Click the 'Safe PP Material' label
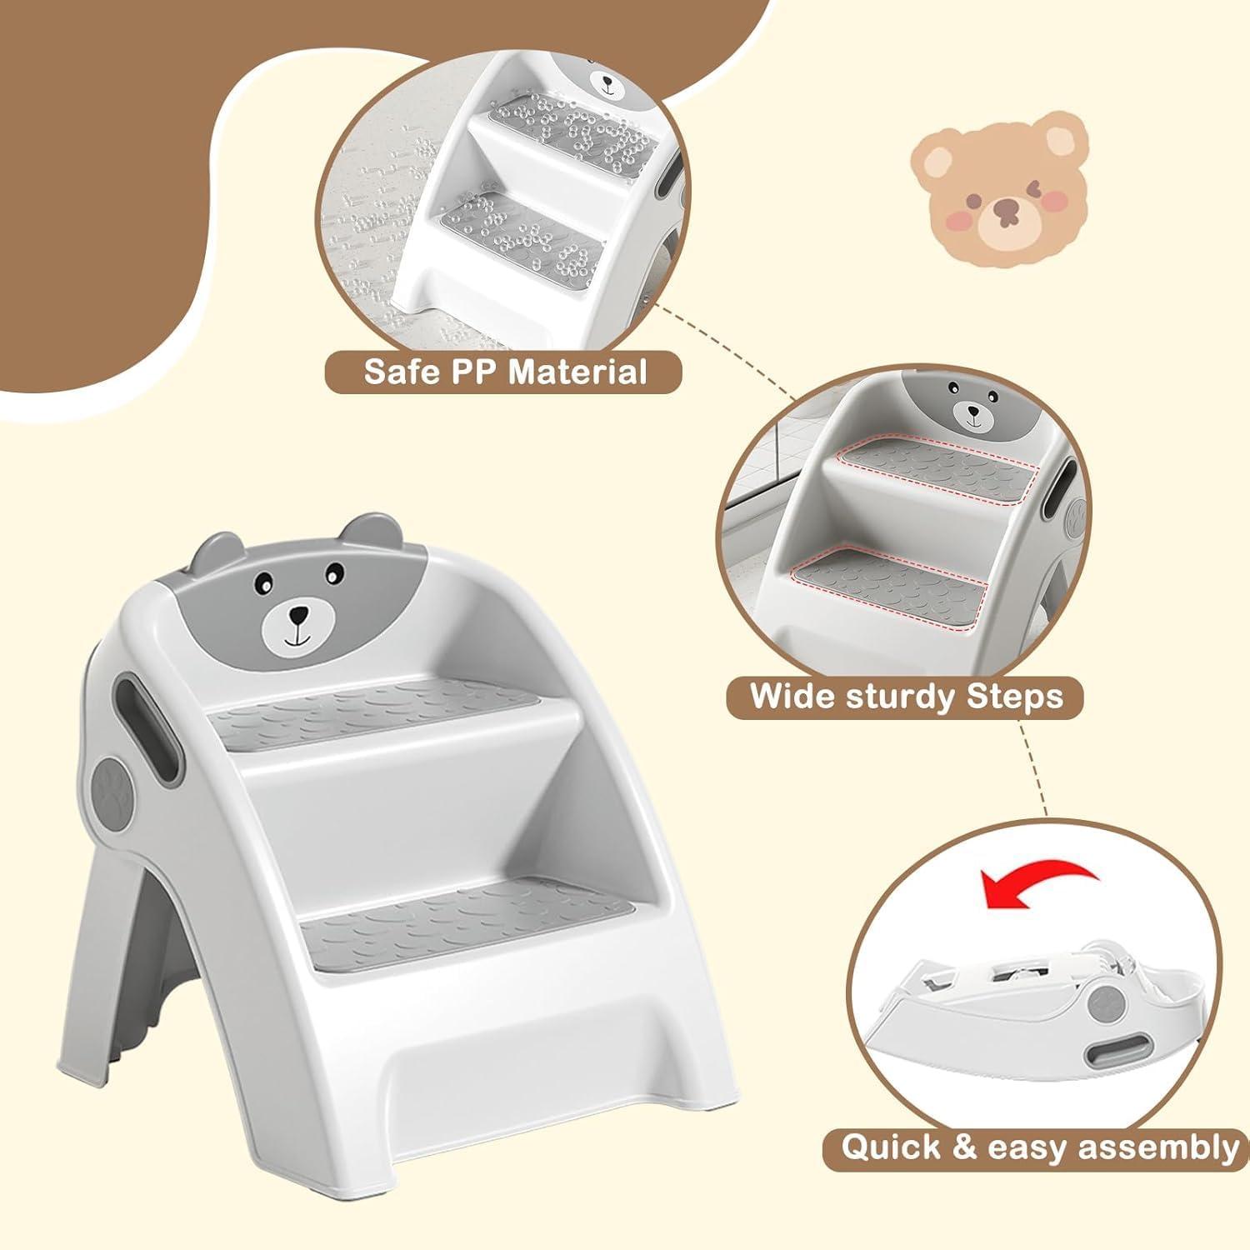(x=505, y=371)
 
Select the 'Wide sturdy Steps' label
(x=906, y=696)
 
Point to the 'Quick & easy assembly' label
(x=1038, y=1147)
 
